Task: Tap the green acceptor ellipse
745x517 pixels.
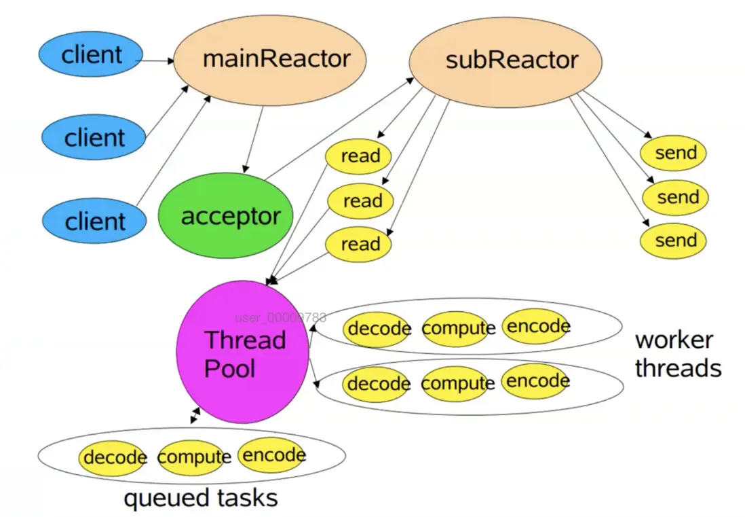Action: tap(225, 217)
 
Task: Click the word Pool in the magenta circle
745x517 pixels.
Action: tap(230, 369)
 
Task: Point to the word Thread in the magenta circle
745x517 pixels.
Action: tap(245, 339)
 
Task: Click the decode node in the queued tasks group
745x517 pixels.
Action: tap(114, 456)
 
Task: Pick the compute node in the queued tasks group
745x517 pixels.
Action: tap(194, 457)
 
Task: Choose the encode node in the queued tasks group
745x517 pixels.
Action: tap(273, 455)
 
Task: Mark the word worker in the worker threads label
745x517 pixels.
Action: tap(674, 340)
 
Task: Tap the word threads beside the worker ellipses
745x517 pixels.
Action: tap(678, 368)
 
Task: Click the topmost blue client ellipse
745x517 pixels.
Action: tap(91, 55)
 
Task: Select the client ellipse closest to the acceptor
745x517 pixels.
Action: tap(94, 221)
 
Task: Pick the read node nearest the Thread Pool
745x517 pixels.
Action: tap(360, 244)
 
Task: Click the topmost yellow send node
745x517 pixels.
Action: tap(674, 154)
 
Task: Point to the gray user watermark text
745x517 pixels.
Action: tap(280, 317)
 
